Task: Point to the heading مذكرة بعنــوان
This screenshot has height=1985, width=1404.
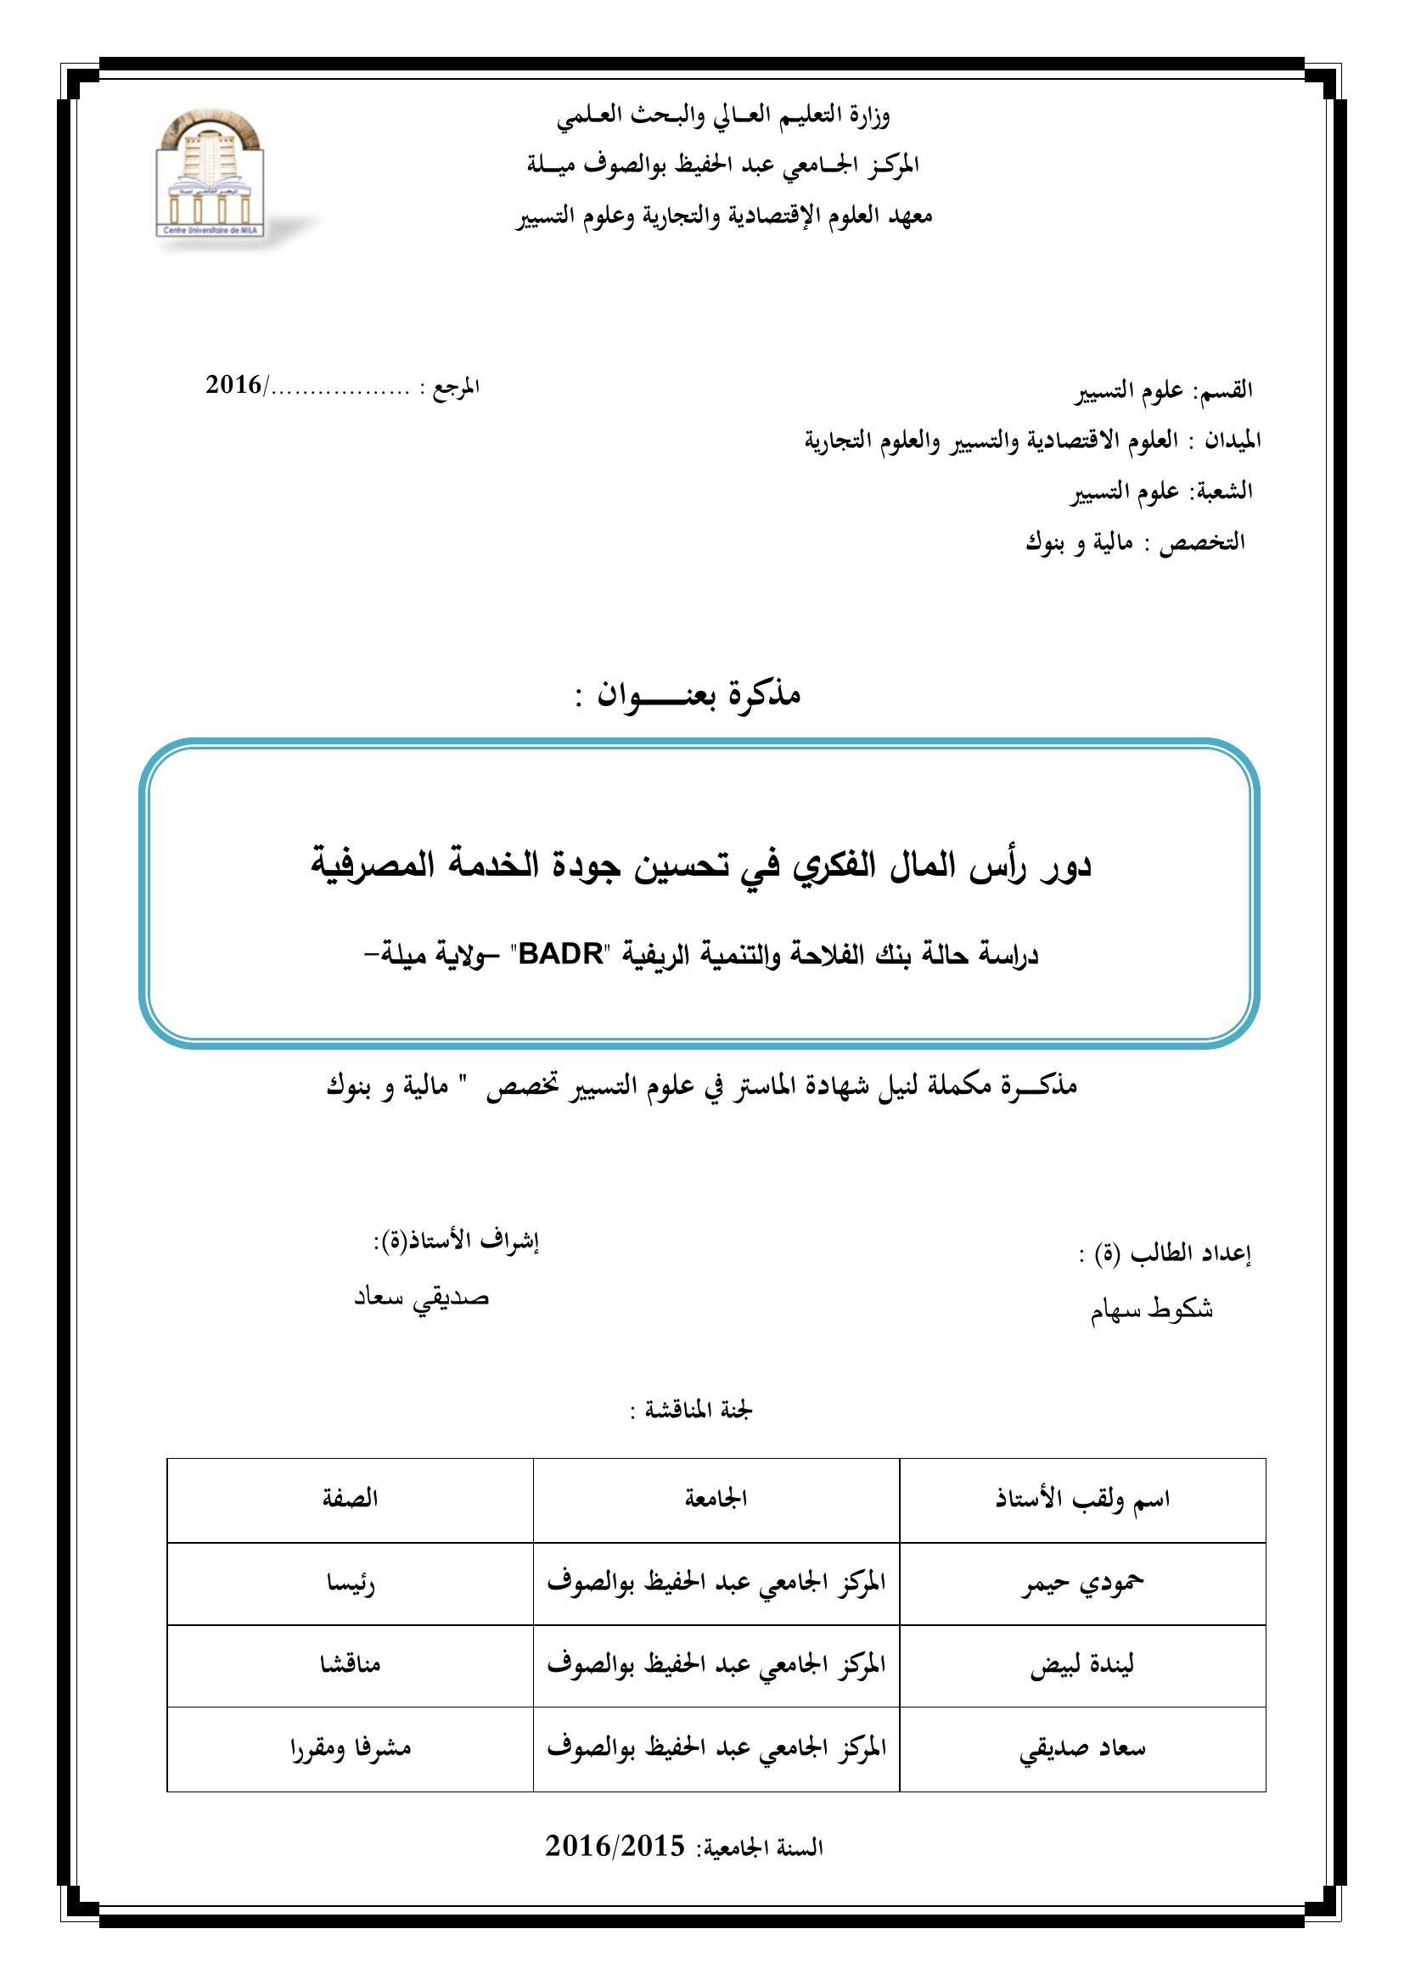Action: point(688,694)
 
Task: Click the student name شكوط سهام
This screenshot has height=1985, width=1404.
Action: point(1152,1309)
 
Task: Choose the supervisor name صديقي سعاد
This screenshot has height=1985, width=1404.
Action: point(422,1298)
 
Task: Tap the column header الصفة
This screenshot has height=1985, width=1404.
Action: point(350,1498)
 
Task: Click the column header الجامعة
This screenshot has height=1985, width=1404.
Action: point(716,1498)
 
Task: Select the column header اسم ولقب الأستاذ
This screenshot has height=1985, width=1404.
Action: point(1082,1498)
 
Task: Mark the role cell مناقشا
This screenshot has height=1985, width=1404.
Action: point(350,1665)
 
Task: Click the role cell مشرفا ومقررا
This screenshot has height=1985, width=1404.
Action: point(350,1748)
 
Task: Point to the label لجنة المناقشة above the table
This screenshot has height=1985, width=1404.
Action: point(692,1410)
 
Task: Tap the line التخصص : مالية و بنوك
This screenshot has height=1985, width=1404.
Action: point(1134,543)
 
